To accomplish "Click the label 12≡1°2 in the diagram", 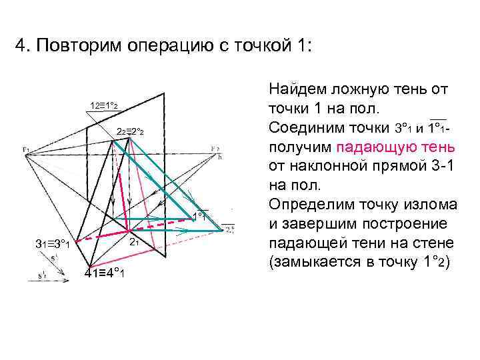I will click(104, 105).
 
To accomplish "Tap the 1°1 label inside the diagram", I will click(200, 216).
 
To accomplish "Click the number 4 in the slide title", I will click(20, 48).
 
